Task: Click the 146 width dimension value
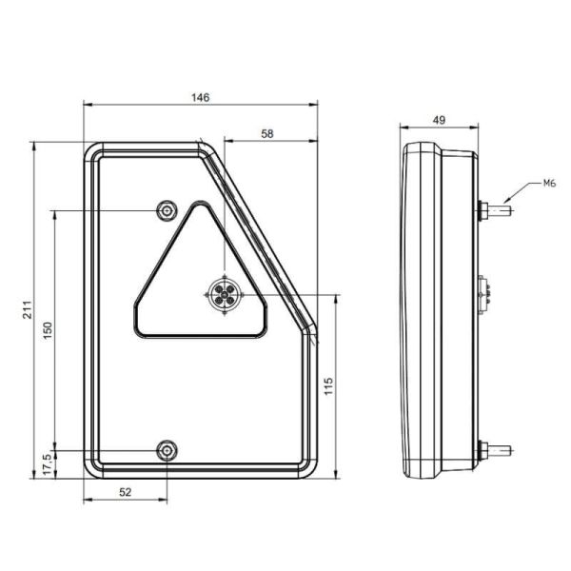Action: coord(200,97)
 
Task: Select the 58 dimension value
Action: coord(267,134)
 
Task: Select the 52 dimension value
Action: coord(125,492)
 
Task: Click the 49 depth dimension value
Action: coord(439,120)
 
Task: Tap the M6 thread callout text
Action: coord(549,182)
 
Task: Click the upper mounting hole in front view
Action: coord(167,209)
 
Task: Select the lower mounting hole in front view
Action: coord(167,448)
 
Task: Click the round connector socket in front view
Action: coord(226,296)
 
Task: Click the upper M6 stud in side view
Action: coord(500,209)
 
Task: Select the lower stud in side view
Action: coord(500,448)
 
